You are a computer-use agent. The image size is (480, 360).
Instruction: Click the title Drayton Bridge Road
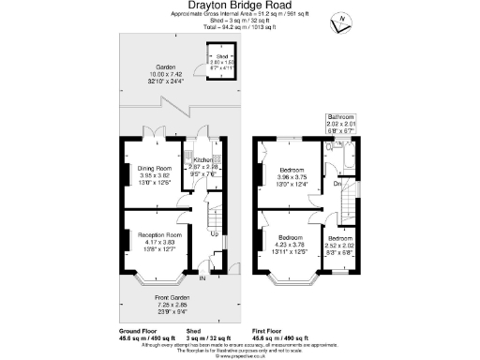pos(238,7)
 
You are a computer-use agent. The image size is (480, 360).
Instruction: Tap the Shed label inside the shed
pos(220,56)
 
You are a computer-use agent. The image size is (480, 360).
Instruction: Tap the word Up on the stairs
pos(215,233)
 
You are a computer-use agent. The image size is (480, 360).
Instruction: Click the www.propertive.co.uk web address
pos(239,355)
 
